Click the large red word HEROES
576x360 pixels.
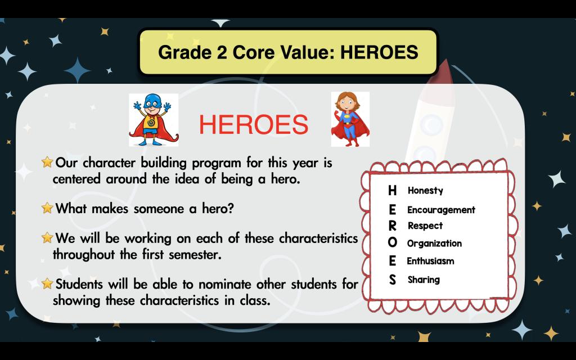pos(254,124)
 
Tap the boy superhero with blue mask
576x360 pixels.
pos(153,120)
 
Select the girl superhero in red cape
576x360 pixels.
pos(350,119)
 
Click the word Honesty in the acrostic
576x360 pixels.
pos(425,190)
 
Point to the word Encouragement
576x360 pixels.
pos(441,210)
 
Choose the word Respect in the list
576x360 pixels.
pos(425,226)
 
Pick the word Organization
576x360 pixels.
pos(434,243)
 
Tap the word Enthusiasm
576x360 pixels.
pos(430,261)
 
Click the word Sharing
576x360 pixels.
pos(424,280)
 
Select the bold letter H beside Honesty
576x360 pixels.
pos(392,190)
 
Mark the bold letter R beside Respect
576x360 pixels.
pos(392,226)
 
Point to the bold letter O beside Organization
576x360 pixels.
pos(392,242)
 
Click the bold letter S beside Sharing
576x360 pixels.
pos(392,280)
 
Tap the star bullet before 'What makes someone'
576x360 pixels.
pos(47,208)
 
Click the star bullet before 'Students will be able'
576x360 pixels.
pos(47,283)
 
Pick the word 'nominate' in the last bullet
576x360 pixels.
pos(225,284)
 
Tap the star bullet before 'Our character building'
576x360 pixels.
pos(47,162)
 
